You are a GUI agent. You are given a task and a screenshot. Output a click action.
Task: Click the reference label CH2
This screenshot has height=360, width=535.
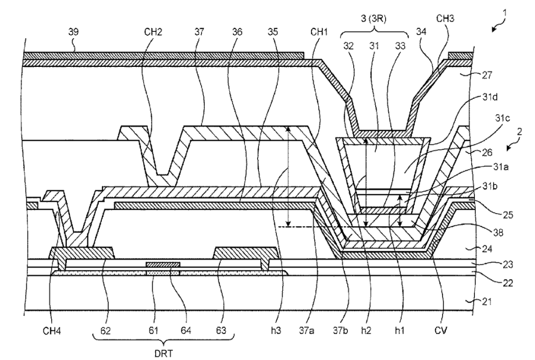coord(153,32)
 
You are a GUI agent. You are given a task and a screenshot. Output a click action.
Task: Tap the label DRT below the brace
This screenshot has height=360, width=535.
coord(164,353)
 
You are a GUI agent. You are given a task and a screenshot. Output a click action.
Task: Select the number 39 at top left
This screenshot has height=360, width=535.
coord(73,32)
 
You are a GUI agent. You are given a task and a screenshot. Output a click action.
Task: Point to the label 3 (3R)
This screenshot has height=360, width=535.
coord(374,19)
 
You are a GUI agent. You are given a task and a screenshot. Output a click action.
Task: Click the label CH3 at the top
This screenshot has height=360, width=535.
coord(445,18)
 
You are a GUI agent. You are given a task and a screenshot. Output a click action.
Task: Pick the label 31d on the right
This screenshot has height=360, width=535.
coord(490,97)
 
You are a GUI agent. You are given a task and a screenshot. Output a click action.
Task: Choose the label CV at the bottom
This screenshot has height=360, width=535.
coord(441,330)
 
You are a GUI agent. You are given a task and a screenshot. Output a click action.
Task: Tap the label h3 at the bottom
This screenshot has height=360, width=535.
coord(276,330)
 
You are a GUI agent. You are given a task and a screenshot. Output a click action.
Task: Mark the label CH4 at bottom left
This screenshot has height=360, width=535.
coord(52,330)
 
